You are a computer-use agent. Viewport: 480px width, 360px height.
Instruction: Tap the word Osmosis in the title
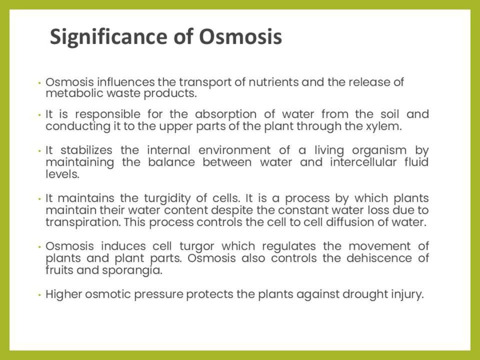[x=240, y=37]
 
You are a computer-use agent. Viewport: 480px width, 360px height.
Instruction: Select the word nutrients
[x=272, y=82]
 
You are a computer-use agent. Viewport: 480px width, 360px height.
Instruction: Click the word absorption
[x=225, y=115]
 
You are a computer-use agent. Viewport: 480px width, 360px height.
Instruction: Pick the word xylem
[x=386, y=126]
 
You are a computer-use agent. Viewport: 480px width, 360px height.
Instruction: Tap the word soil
[x=390, y=115]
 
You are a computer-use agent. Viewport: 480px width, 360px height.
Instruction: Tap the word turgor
[x=196, y=246]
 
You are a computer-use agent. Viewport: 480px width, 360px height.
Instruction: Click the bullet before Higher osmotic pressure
[x=40, y=294]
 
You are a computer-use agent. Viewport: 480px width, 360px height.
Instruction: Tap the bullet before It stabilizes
[x=40, y=151]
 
